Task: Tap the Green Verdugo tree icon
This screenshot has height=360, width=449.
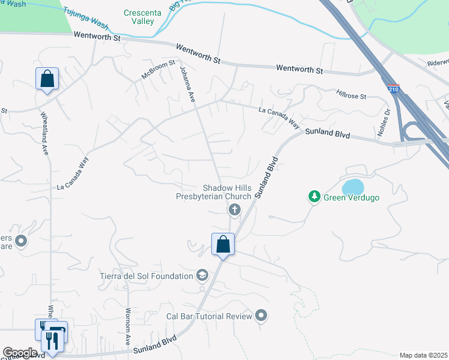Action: coord(314,197)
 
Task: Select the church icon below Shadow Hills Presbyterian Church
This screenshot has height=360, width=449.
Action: coord(234,209)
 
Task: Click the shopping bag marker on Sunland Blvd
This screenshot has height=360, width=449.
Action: coord(223,244)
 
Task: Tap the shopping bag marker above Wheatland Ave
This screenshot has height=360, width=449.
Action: coord(47,79)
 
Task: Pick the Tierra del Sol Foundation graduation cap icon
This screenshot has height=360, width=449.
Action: coord(203,275)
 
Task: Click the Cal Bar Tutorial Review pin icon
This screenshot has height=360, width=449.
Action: coord(261,315)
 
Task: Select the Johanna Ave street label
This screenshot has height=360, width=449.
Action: coord(185,85)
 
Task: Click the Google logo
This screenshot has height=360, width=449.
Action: coord(19,353)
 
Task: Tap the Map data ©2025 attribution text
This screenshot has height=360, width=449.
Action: coord(423,355)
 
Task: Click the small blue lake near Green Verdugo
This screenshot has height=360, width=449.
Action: coord(352,185)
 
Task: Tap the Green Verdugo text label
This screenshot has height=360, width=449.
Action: coord(351,197)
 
